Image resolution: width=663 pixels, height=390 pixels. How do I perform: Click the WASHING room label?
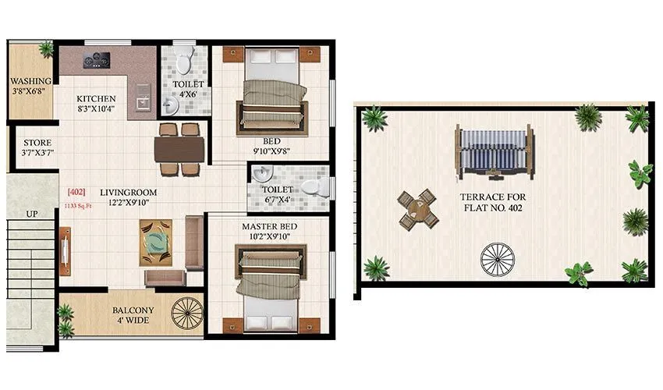pyautogui.click(x=31, y=81)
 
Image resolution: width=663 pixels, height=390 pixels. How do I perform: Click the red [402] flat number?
pyautogui.click(x=77, y=192)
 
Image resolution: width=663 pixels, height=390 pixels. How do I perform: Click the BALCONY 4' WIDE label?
pyautogui.click(x=132, y=315)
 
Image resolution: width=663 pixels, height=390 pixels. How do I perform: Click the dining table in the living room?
pyautogui.click(x=179, y=148)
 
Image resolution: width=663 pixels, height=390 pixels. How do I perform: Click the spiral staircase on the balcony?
pyautogui.click(x=187, y=314)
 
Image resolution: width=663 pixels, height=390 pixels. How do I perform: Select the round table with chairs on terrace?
pyautogui.click(x=417, y=208)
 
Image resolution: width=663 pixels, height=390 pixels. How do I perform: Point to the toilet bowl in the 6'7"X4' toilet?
pyautogui.click(x=313, y=187)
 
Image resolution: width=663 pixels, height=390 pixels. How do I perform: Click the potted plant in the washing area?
pyautogui.click(x=46, y=49)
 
